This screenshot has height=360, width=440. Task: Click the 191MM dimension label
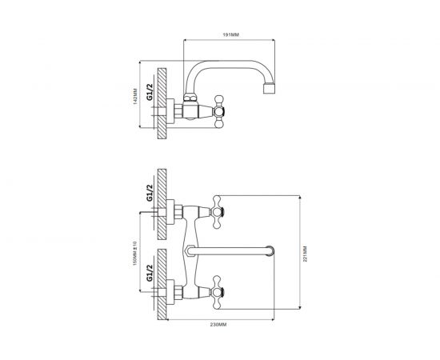[x=230, y=34]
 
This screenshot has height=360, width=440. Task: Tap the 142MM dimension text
[x=134, y=96]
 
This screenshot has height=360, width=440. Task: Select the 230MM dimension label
[x=218, y=325]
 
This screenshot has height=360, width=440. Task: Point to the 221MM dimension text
[x=305, y=254]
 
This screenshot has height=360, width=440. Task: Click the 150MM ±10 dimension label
[x=134, y=253]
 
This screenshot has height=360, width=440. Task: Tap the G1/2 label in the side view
[x=150, y=92]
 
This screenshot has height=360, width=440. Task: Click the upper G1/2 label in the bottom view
[x=150, y=193]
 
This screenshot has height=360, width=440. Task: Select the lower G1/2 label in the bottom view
[x=150, y=273]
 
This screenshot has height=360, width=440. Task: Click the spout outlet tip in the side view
[x=270, y=88]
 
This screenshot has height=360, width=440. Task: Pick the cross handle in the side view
[x=219, y=112]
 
